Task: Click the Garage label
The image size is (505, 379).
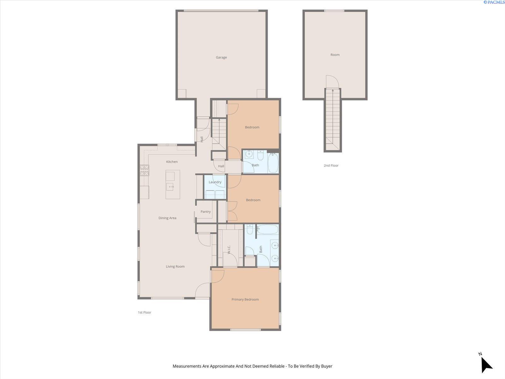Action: [221, 57]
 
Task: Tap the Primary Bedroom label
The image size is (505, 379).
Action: [245, 299]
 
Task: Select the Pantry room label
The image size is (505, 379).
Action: [205, 212]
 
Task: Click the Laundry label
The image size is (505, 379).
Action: [215, 182]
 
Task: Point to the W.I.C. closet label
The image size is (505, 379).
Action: [229, 250]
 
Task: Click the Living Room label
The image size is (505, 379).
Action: [175, 267]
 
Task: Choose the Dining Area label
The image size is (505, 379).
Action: [167, 218]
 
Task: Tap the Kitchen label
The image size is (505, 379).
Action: [172, 162]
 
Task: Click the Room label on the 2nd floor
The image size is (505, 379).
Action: [335, 55]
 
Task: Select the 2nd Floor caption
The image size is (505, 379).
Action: [331, 165]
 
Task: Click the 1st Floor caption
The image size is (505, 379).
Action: [145, 312]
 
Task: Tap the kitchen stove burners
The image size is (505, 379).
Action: [144, 170]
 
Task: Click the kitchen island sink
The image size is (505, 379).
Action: [170, 187]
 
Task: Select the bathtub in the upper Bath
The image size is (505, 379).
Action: [273, 163]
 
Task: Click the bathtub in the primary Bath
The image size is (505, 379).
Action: [267, 229]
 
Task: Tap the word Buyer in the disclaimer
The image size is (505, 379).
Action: [326, 366]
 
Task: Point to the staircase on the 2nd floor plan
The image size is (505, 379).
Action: [333, 120]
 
